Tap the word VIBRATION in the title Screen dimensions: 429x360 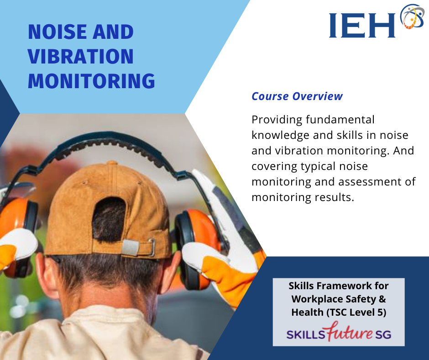pos(81,57)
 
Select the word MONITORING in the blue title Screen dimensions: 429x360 pos(91,81)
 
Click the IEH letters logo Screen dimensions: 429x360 pos(362,26)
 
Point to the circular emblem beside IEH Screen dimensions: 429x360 pos(412,16)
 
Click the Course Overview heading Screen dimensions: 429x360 pos(297,96)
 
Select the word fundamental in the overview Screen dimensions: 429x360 pos(340,120)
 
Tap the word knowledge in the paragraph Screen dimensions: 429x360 pos(280,136)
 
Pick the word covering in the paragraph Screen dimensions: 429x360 pos(274,167)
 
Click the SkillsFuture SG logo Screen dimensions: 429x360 pos(339,332)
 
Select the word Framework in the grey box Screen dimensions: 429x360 pos(344,286)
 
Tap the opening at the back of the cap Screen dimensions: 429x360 pos(109,220)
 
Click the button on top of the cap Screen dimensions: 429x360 pos(112,163)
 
